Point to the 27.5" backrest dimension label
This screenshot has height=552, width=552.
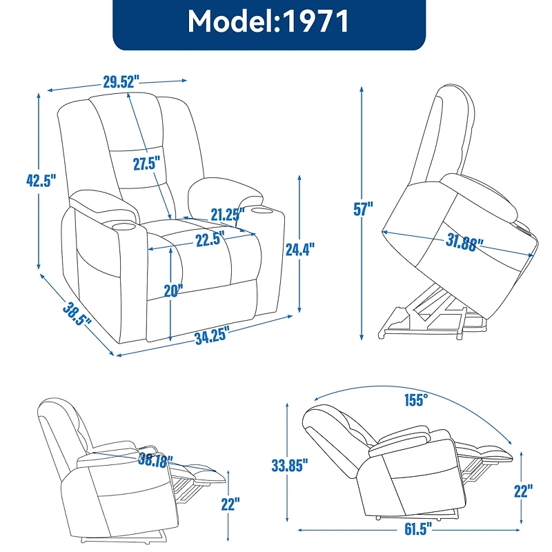click(x=146, y=164)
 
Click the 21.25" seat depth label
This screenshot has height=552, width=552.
click(x=228, y=215)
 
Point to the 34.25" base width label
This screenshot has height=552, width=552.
click(x=212, y=337)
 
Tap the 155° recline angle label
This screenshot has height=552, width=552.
click(x=416, y=399)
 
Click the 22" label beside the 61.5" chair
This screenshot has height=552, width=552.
click(x=523, y=491)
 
